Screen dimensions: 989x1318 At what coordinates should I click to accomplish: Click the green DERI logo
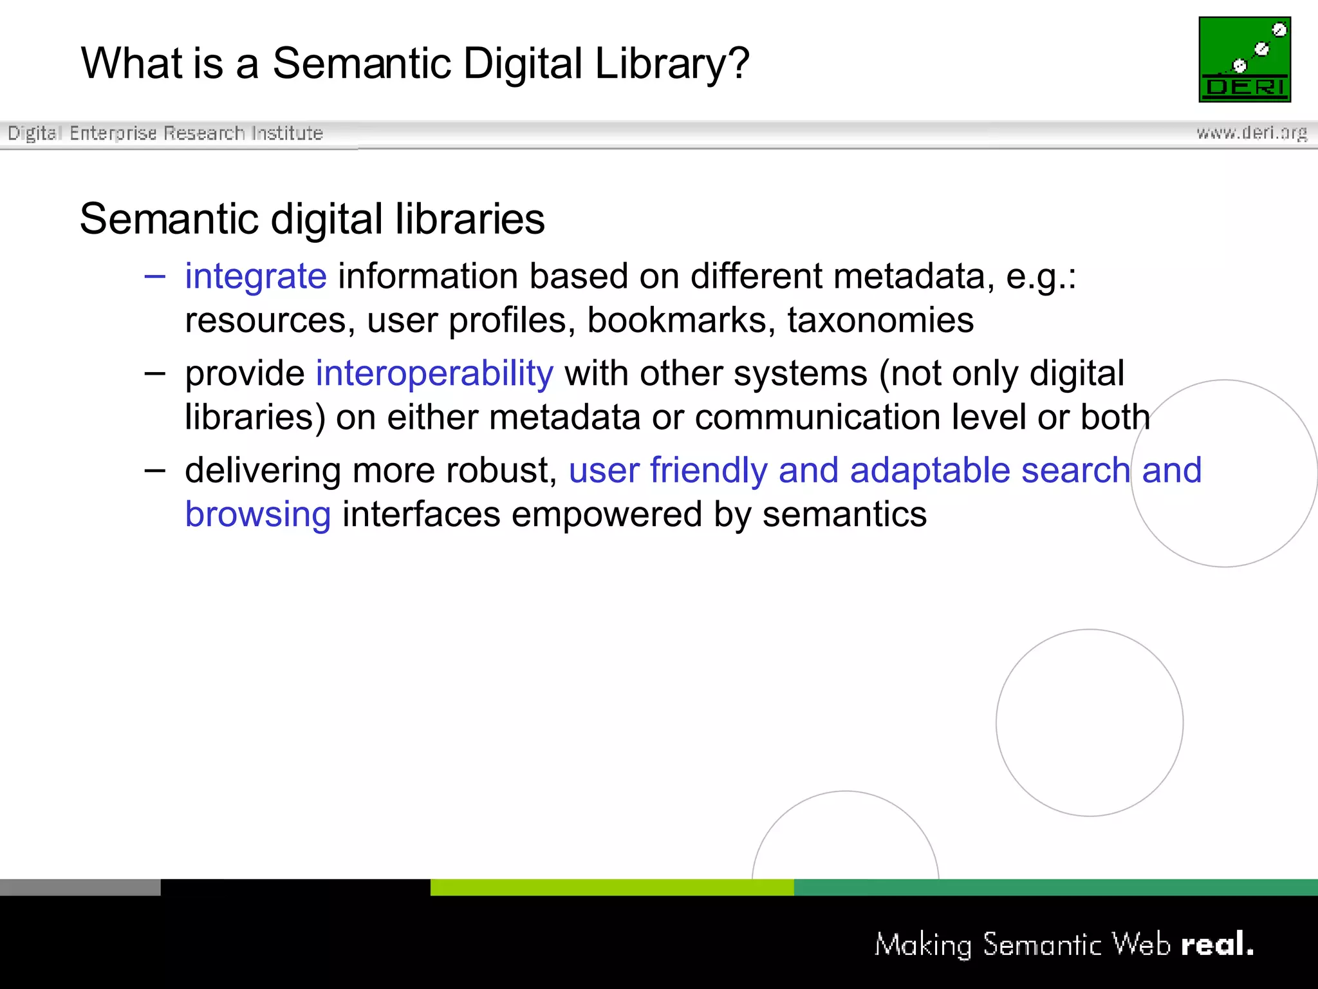coord(1245,59)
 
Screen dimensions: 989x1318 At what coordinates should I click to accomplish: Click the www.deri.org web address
coord(1252,133)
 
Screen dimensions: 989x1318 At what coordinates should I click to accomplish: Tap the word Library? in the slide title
coord(672,64)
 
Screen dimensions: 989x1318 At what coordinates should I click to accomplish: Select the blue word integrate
coord(255,276)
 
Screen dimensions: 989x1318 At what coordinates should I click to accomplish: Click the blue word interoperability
coord(434,373)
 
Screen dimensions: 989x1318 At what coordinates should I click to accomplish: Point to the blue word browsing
coord(258,514)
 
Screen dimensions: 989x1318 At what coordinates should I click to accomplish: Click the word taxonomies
coord(880,320)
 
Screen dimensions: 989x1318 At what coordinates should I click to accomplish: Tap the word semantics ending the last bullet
coord(844,514)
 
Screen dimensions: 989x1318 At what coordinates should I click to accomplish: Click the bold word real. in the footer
coord(1217,944)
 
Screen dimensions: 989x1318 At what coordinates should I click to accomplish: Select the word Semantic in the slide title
coord(362,64)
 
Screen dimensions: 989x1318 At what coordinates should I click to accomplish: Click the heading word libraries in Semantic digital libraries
coord(470,219)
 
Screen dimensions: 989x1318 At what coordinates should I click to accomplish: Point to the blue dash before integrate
coord(155,277)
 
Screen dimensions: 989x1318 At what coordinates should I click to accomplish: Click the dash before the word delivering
coord(155,471)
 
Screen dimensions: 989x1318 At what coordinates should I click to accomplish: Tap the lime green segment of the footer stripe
coord(611,887)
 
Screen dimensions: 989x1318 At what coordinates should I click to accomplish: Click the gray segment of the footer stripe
coord(80,887)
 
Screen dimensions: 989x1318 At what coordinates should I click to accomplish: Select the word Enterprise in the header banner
coord(113,133)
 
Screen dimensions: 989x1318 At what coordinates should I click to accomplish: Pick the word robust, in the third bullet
coord(501,471)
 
